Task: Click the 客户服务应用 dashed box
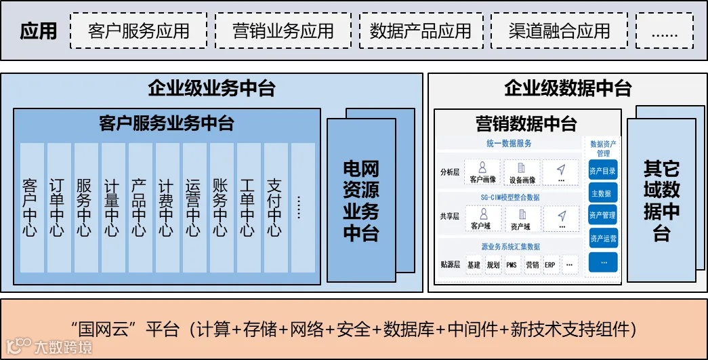(x=138, y=31)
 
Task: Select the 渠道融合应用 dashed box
(x=560, y=31)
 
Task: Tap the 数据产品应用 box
(x=420, y=31)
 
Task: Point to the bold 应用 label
(x=39, y=31)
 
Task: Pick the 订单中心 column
(x=57, y=207)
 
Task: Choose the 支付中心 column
(x=274, y=207)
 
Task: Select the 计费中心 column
(x=166, y=207)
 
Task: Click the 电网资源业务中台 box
(x=361, y=200)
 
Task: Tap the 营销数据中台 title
(x=526, y=123)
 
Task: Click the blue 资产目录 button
(x=602, y=171)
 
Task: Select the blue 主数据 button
(x=602, y=193)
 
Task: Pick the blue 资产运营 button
(x=602, y=239)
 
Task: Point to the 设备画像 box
(x=522, y=172)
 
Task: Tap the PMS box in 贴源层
(x=512, y=264)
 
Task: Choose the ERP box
(x=549, y=264)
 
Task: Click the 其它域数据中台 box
(x=661, y=200)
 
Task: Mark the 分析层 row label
(x=450, y=172)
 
